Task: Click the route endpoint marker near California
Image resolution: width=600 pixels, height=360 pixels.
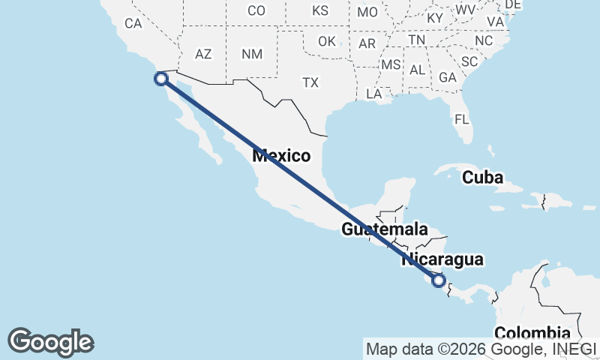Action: tap(160, 78)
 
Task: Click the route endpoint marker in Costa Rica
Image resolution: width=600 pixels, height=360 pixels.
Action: tap(439, 281)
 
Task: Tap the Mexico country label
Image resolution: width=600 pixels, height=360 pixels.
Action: tap(281, 156)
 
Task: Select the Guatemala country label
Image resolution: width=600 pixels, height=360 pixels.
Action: tap(385, 229)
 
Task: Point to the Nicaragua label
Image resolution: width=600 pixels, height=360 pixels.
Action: tap(442, 259)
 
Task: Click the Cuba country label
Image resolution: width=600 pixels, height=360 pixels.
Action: tap(482, 178)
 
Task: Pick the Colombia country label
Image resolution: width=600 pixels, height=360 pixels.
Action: tap(532, 333)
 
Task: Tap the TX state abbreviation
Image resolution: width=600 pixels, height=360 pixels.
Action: tap(310, 82)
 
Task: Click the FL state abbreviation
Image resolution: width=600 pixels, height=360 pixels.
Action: tap(461, 119)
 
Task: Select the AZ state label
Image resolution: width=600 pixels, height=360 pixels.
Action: tap(203, 54)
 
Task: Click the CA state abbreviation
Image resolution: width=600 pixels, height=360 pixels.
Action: tap(133, 23)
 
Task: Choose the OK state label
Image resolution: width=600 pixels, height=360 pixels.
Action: tap(327, 41)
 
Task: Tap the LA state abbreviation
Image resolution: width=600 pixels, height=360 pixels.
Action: tap(373, 94)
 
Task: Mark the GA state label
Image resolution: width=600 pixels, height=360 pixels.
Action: tap(448, 77)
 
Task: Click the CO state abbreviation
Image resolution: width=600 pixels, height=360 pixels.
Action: tap(256, 10)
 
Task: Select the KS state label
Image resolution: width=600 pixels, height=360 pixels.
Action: tap(320, 10)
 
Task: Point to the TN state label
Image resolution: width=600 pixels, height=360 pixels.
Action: tap(417, 39)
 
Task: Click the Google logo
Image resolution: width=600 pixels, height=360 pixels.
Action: tap(51, 342)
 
